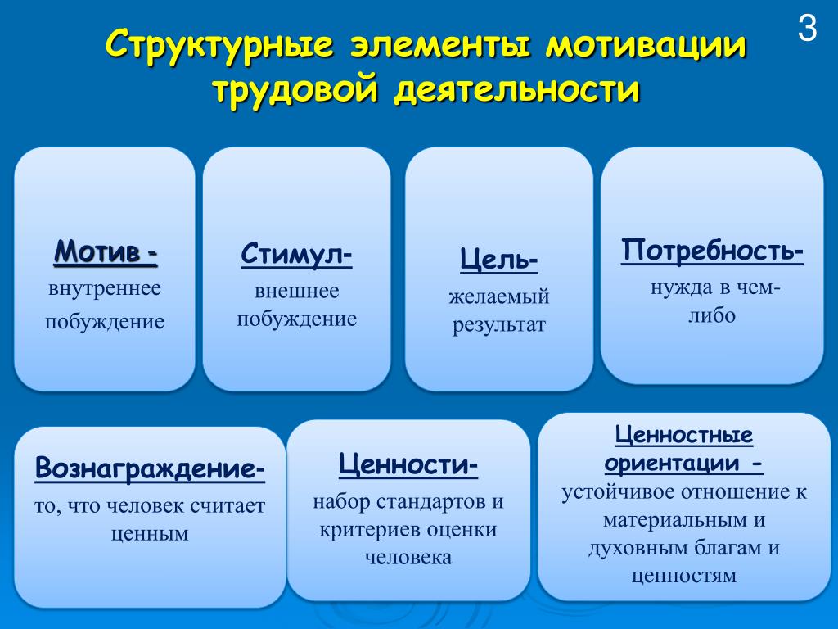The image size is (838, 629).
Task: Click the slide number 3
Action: click(x=808, y=28)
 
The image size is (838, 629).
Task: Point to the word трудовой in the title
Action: click(x=295, y=90)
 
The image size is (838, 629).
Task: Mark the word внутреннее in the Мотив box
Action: click(x=105, y=289)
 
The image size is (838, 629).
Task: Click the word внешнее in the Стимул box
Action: click(x=296, y=291)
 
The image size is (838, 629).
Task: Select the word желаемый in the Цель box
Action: click(x=499, y=296)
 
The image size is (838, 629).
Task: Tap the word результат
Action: click(x=499, y=325)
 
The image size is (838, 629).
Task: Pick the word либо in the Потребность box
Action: click(x=712, y=315)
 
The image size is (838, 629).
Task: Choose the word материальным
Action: click(x=674, y=520)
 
